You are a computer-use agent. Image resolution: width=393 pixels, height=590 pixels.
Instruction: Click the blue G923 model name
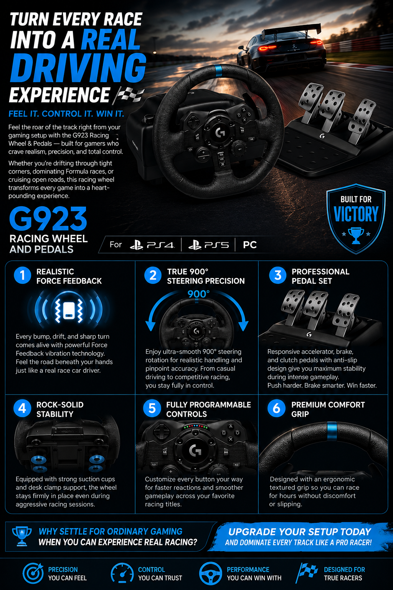click(48, 219)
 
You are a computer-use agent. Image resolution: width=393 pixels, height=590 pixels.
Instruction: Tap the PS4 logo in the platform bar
click(152, 245)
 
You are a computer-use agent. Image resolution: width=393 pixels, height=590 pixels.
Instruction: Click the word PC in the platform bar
click(249, 245)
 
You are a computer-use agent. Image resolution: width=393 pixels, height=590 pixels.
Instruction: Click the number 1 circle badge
click(22, 275)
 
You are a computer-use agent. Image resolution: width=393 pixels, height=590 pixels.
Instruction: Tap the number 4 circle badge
click(22, 408)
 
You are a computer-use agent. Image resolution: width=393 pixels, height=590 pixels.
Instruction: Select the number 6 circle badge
click(276, 408)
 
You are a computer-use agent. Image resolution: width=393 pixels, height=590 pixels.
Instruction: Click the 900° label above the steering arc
click(198, 294)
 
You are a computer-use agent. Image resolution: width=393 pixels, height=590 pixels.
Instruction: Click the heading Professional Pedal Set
click(320, 276)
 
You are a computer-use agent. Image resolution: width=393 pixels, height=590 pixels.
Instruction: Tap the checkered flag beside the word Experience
click(130, 95)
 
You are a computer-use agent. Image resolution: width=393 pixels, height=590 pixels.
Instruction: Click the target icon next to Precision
click(33, 573)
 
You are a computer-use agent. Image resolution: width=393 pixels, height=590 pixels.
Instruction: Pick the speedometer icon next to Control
click(122, 573)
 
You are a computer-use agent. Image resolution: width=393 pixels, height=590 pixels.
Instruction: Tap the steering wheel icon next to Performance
click(210, 573)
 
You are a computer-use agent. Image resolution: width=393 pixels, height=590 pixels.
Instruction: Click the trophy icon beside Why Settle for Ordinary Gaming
click(22, 536)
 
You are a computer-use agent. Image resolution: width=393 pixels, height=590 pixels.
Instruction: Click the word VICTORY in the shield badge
click(356, 214)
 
